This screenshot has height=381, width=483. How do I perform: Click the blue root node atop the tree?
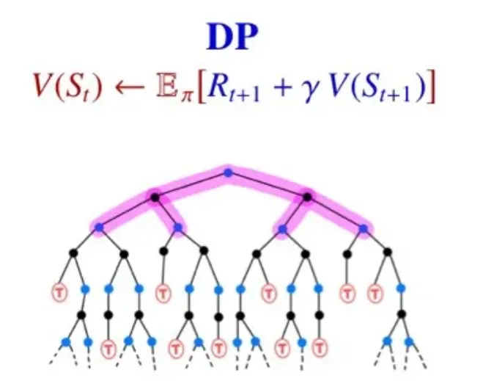tap(228, 173)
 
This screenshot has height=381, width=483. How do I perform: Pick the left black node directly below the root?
tap(154, 196)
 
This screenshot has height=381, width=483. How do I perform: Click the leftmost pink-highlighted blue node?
tap(99, 228)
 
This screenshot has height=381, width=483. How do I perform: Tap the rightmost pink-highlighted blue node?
tap(363, 228)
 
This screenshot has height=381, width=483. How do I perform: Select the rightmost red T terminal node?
tap(376, 291)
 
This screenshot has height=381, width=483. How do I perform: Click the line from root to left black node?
tap(191, 184)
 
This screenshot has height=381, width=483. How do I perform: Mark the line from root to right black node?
tap(268, 184)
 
